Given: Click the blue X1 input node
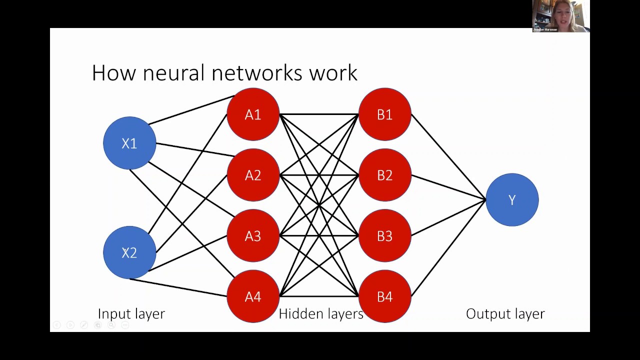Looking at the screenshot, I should tap(129, 143).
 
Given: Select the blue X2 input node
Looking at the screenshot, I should tap(129, 252).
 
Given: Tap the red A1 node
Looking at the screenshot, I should tap(253, 114).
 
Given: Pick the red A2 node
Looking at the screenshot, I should tap(253, 175).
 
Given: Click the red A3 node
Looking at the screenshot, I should tap(253, 235).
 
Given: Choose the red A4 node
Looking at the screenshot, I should tap(253, 296).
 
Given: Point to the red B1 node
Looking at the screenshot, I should tap(384, 114).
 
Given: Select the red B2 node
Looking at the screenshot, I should tap(384, 175).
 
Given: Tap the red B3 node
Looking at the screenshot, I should tap(384, 235).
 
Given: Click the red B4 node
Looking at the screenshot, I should tap(384, 296).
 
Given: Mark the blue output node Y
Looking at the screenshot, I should tap(512, 200).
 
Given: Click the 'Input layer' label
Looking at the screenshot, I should tap(131, 314).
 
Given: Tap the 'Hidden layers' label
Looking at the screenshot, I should tap(320, 314).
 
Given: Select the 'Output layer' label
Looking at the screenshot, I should tap(505, 314).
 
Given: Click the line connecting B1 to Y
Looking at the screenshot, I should tap(448, 157).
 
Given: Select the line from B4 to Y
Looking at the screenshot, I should tap(448, 248).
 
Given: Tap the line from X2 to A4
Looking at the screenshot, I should tap(178, 287).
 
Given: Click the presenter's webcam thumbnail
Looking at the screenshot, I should tap(560, 16).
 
